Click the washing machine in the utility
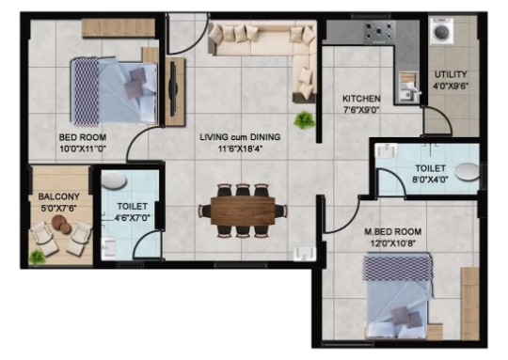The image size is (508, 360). click(441, 31)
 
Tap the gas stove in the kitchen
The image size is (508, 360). click(379, 32)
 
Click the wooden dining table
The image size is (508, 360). click(243, 211)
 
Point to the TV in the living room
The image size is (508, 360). click(173, 88)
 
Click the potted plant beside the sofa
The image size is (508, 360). click(304, 119)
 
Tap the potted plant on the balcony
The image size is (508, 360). click(37, 258)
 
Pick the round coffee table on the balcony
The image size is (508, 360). click(61, 224)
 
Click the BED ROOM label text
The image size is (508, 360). click(83, 137)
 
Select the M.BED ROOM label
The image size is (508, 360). click(392, 232)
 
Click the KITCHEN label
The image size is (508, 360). click(361, 99)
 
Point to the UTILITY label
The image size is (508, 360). click(451, 74)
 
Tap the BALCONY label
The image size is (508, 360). click(59, 196)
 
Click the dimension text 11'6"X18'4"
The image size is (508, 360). click(240, 149)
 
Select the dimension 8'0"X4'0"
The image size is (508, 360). click(430, 180)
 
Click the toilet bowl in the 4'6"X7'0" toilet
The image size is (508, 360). click(114, 180)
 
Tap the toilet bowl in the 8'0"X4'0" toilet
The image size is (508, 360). click(467, 172)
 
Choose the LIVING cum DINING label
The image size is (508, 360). click(240, 137)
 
